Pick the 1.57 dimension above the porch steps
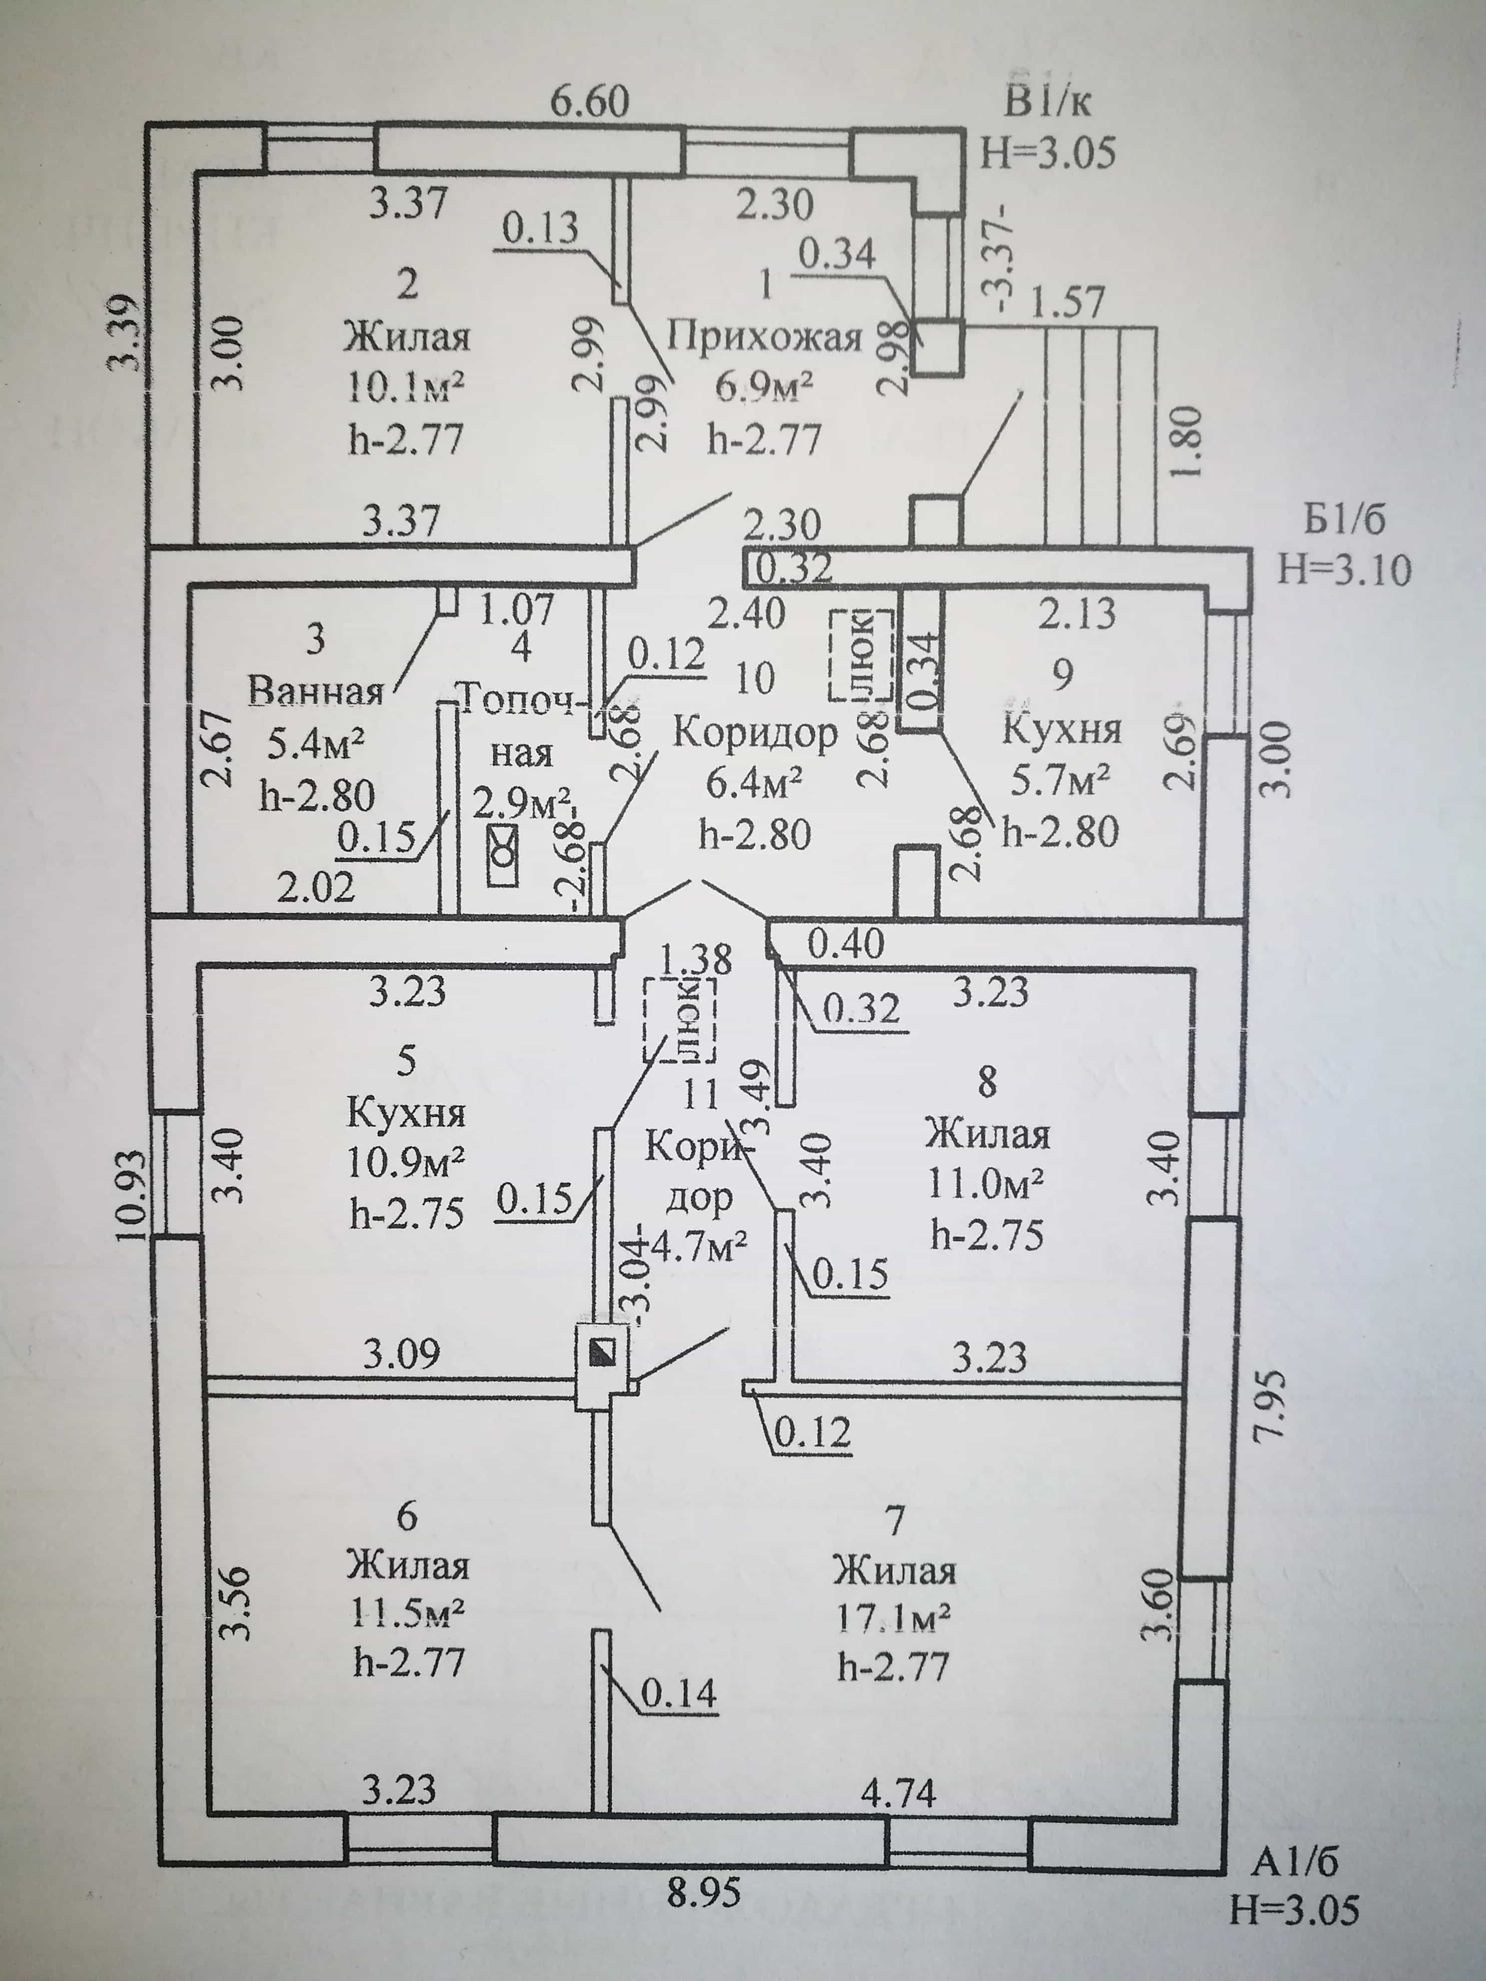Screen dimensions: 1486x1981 point(1068,302)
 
